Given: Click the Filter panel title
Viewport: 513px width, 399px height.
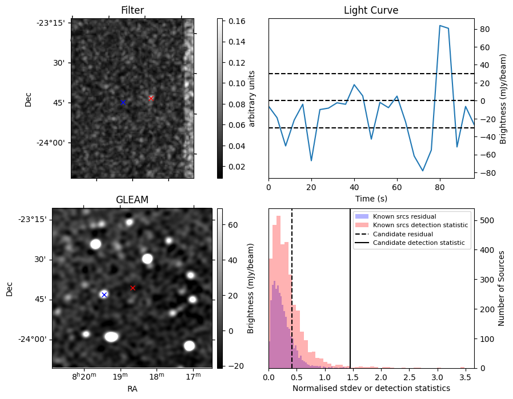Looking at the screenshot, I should [x=132, y=10].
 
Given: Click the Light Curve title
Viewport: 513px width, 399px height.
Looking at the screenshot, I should [x=371, y=10].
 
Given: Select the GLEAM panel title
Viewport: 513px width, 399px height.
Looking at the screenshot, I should [x=132, y=200].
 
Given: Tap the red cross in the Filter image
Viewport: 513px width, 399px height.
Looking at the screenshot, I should [x=151, y=98].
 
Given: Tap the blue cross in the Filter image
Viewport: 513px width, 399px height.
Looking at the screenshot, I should [x=123, y=102].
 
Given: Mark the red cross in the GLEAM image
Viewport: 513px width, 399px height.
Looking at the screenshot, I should [x=133, y=288].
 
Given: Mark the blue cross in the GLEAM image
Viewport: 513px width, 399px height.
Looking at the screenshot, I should [x=104, y=295].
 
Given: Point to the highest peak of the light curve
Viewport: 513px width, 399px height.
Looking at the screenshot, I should [x=440, y=26].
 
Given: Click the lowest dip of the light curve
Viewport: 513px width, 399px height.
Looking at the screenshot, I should [x=423, y=171].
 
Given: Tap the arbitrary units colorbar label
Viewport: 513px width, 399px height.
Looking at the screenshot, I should [x=252, y=98].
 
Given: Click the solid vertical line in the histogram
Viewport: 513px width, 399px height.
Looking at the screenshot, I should [x=350, y=297].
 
